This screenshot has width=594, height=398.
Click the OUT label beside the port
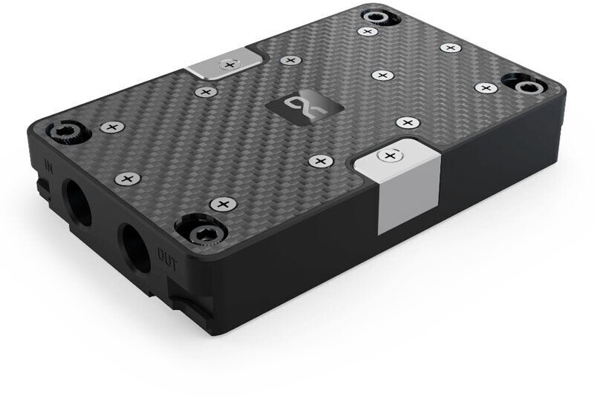click(x=166, y=253)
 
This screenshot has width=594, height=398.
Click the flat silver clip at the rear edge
click(x=226, y=64)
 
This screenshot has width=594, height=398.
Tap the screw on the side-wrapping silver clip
click(x=389, y=156)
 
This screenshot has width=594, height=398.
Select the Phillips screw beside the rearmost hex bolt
click(x=367, y=31)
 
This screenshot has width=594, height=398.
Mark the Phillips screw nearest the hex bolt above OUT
click(x=221, y=204)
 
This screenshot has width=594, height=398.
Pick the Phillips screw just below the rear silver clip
click(x=204, y=91)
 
